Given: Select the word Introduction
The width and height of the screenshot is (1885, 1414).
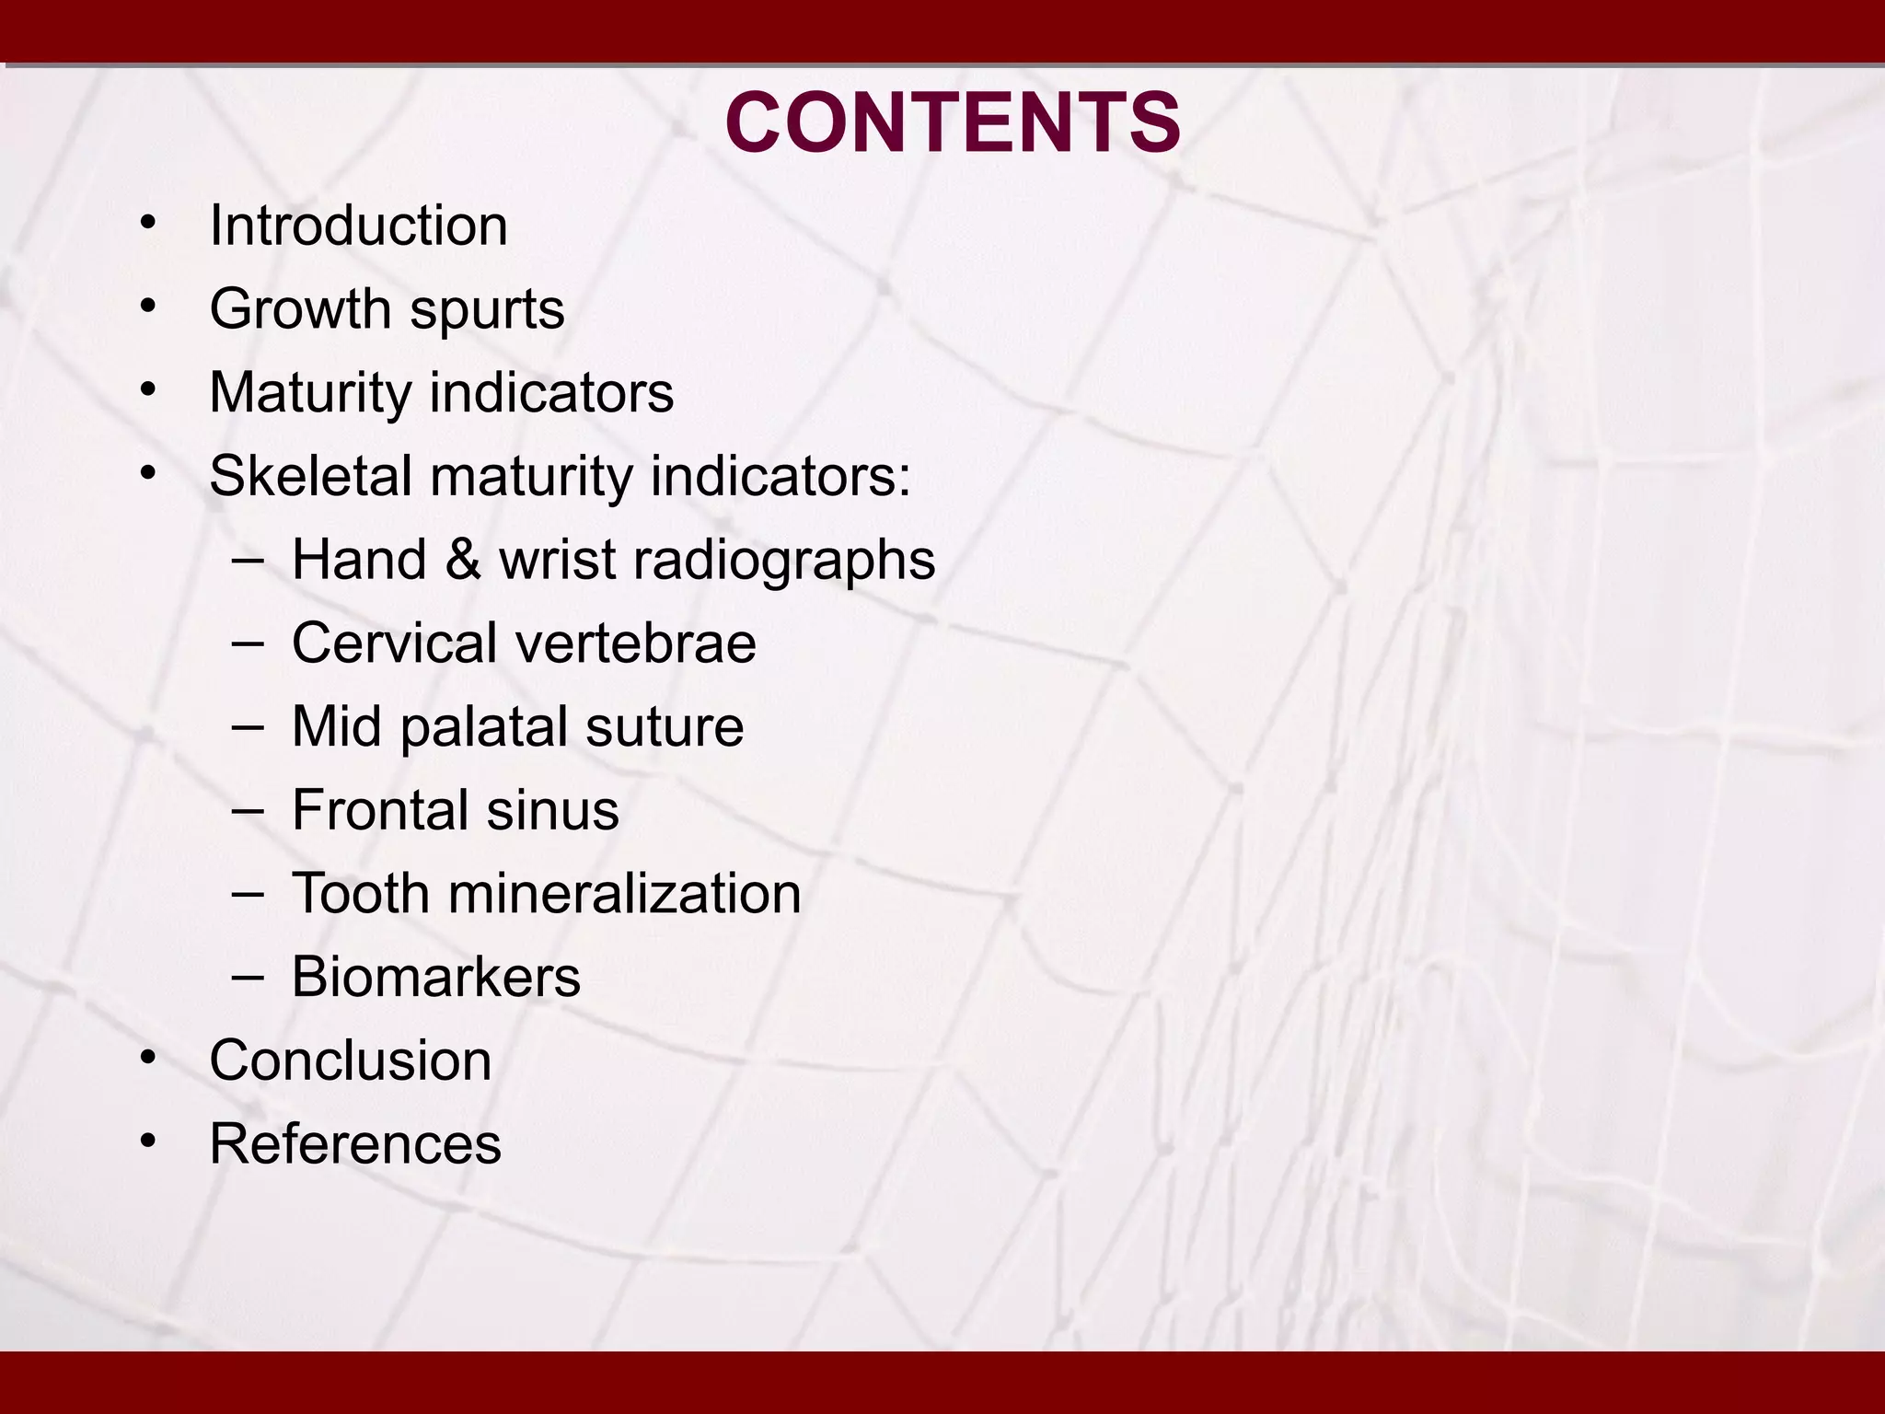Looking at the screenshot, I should point(358,226).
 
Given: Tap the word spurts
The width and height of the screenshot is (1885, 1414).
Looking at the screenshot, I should point(487,310).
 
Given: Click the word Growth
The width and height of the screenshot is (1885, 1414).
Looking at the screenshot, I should point(300,308).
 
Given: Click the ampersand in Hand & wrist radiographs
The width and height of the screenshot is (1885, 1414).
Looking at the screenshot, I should point(462,560).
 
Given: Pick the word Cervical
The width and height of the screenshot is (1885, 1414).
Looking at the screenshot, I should point(394,643).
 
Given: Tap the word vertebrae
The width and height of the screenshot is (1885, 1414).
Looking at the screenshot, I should point(635,643).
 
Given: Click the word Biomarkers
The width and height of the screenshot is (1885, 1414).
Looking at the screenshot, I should point(435,977).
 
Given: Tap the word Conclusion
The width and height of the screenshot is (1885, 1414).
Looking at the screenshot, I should point(350,1060).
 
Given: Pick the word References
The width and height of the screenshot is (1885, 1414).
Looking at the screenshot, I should point(354,1144).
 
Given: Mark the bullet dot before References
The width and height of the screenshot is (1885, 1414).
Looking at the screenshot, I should point(147,1142).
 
